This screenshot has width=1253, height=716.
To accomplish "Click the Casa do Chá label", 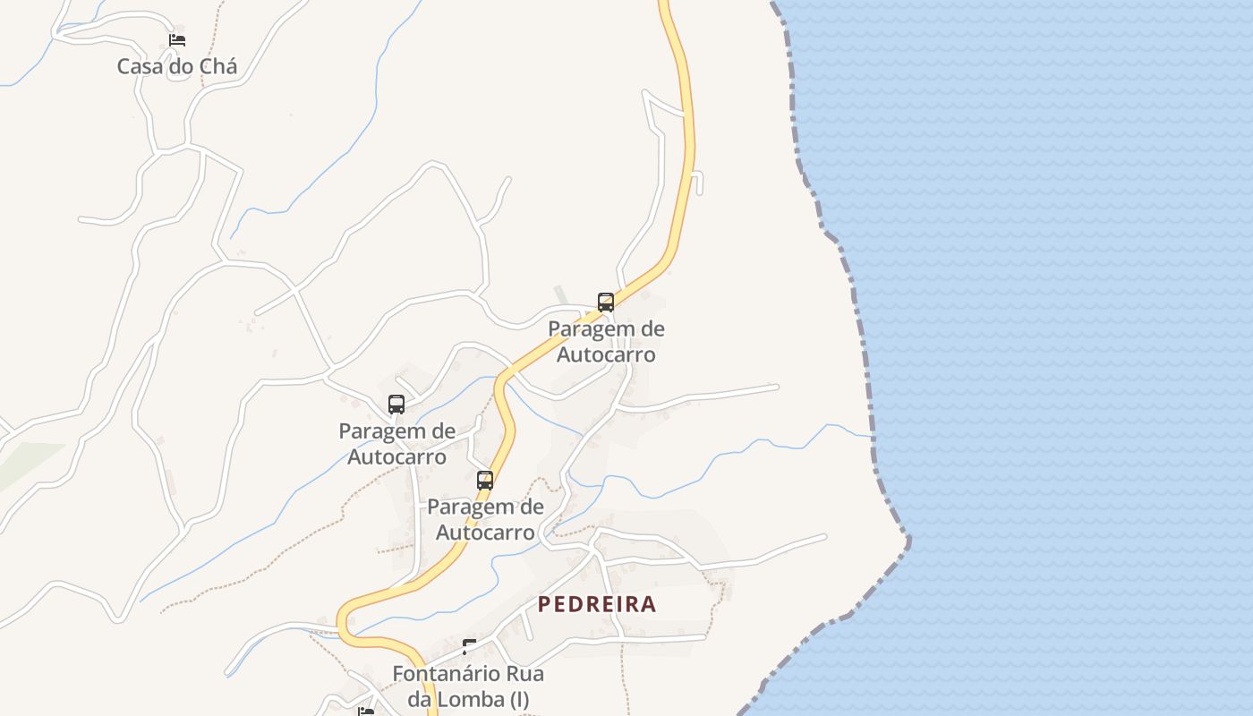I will [177, 66].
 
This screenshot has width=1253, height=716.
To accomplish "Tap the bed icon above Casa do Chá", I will [177, 40].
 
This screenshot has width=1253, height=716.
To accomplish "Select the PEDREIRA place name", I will [597, 604].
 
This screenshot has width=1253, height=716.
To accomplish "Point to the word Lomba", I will [471, 699].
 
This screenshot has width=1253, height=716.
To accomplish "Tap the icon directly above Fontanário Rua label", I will [469, 645].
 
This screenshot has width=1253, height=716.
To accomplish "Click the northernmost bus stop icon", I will [606, 302].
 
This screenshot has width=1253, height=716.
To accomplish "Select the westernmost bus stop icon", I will [396, 405].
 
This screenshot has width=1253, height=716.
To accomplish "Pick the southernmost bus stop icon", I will [485, 481].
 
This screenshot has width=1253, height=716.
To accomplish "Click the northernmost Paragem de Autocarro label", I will [606, 342].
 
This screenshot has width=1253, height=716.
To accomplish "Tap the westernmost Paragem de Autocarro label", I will [396, 444].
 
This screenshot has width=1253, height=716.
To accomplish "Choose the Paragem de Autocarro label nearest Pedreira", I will [485, 520].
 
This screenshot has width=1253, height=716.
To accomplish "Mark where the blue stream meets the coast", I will [872, 437].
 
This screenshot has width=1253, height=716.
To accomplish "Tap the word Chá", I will [217, 66].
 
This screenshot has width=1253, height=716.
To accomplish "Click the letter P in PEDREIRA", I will [544, 604].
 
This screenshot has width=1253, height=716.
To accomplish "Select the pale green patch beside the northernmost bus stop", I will [561, 294].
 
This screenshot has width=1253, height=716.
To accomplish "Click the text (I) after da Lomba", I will [520, 699].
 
